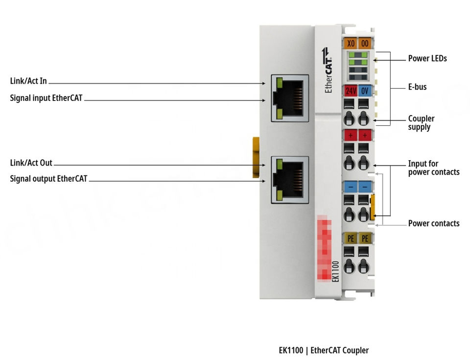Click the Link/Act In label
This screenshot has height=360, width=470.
[x=28, y=81]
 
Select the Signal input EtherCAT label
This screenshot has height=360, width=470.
[x=47, y=98]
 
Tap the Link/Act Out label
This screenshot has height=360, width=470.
[x=31, y=163]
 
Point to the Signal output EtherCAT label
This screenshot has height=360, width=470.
[x=48, y=179]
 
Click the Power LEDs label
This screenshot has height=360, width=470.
[x=427, y=59]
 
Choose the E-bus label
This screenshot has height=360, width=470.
[x=417, y=87]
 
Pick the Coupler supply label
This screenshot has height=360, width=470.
[x=421, y=123]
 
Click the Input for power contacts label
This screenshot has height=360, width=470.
[x=433, y=168]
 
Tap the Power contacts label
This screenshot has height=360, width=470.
[x=433, y=223]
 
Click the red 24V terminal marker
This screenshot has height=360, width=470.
[x=351, y=91]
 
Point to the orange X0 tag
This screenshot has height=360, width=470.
[x=351, y=43]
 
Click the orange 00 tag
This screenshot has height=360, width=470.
[x=365, y=43]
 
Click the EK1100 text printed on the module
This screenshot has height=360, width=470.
[x=335, y=271]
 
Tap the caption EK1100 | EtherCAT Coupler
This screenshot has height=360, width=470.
[x=324, y=350]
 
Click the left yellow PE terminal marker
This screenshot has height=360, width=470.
[x=351, y=239]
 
